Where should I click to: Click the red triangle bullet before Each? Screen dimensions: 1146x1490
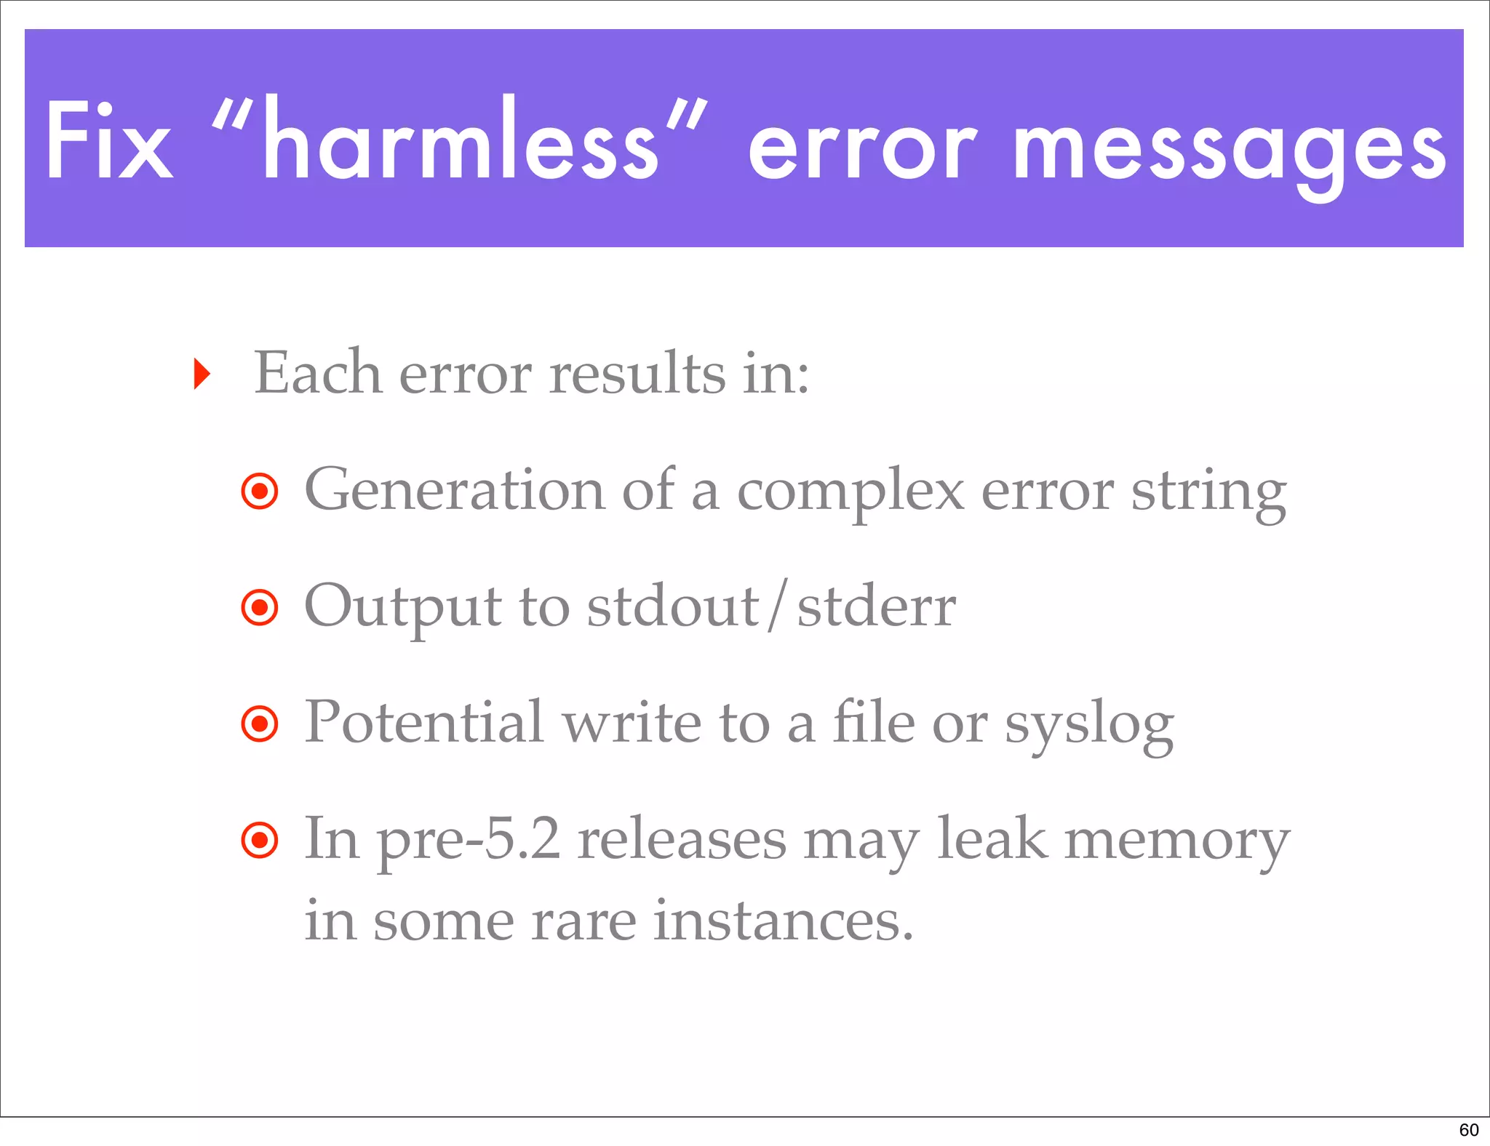(202, 374)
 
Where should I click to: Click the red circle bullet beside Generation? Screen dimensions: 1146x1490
(260, 492)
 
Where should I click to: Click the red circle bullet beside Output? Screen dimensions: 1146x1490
(260, 607)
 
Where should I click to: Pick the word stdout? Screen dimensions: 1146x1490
(673, 607)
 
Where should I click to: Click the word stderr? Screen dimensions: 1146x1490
(876, 607)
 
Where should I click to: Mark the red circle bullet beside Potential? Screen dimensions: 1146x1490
(260, 724)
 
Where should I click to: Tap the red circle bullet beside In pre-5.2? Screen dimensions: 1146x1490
(260, 841)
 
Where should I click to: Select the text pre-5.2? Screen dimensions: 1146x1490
(469, 841)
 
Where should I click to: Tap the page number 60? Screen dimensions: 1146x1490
(1468, 1129)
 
